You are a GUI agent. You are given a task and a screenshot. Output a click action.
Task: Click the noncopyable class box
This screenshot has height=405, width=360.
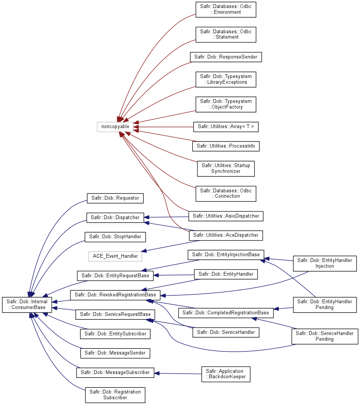(x=115, y=127)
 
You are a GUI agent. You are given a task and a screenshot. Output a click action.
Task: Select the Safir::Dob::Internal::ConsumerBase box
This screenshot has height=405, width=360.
(x=27, y=305)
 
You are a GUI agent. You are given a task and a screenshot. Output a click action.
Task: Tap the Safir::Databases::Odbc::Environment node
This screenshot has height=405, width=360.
(x=226, y=10)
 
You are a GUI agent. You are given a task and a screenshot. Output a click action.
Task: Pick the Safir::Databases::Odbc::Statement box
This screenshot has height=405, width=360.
(x=226, y=34)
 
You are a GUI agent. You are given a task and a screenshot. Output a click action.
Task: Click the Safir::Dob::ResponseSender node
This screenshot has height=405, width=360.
(x=226, y=57)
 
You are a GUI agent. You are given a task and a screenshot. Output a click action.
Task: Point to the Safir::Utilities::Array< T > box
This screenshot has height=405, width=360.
(x=226, y=127)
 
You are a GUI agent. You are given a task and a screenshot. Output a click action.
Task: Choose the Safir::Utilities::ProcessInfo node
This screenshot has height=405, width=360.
(x=226, y=146)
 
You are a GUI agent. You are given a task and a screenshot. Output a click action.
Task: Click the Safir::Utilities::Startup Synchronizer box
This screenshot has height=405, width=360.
(x=226, y=169)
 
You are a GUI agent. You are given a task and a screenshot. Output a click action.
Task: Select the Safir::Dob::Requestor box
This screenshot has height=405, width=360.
(x=115, y=198)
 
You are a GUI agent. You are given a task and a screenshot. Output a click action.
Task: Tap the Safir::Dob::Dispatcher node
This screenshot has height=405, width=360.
(x=115, y=218)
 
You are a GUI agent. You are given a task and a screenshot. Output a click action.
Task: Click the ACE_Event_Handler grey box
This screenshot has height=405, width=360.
(x=115, y=256)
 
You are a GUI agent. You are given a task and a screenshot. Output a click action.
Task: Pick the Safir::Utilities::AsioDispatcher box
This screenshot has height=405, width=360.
(x=226, y=216)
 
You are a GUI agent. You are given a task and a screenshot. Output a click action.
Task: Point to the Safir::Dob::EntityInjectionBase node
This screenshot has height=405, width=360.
(x=226, y=255)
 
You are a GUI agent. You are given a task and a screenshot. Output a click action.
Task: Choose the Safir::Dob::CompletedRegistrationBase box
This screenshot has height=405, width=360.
(x=226, y=313)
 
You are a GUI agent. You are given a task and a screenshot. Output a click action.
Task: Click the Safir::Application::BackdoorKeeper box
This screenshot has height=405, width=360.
(x=226, y=374)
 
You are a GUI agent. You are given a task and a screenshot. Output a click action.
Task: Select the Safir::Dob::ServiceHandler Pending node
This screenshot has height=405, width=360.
(x=325, y=336)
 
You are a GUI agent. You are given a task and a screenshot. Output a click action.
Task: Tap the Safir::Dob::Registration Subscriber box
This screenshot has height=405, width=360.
(x=115, y=395)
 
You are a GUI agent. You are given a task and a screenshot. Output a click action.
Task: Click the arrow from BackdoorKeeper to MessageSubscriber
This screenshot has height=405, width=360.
(x=178, y=374)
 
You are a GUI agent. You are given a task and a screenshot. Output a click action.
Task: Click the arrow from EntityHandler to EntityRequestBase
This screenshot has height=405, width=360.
(x=174, y=275)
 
